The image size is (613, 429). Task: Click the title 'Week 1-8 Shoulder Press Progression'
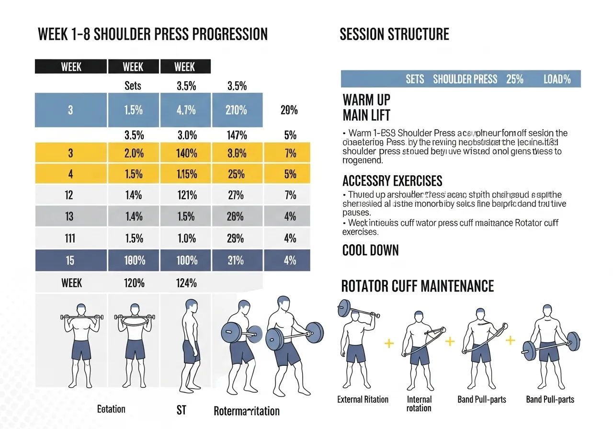point(152,34)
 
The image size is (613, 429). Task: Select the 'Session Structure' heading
point(394,34)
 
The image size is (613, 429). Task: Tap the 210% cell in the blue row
point(237,110)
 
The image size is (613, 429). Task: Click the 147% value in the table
point(237,135)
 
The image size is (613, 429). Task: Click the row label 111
point(70,238)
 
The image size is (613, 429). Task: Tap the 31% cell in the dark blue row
point(237,260)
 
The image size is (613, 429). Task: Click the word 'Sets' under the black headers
point(133,86)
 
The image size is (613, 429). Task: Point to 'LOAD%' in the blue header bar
point(557,79)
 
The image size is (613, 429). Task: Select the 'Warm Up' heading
point(366,100)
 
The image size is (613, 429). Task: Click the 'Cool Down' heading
point(370,250)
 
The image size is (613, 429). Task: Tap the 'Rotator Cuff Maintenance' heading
point(417,286)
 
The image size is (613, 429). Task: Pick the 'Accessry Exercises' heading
point(392,181)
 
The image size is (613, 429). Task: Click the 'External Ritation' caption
point(363,399)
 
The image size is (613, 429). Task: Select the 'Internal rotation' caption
point(419,404)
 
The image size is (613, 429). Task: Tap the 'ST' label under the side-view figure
point(181,410)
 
